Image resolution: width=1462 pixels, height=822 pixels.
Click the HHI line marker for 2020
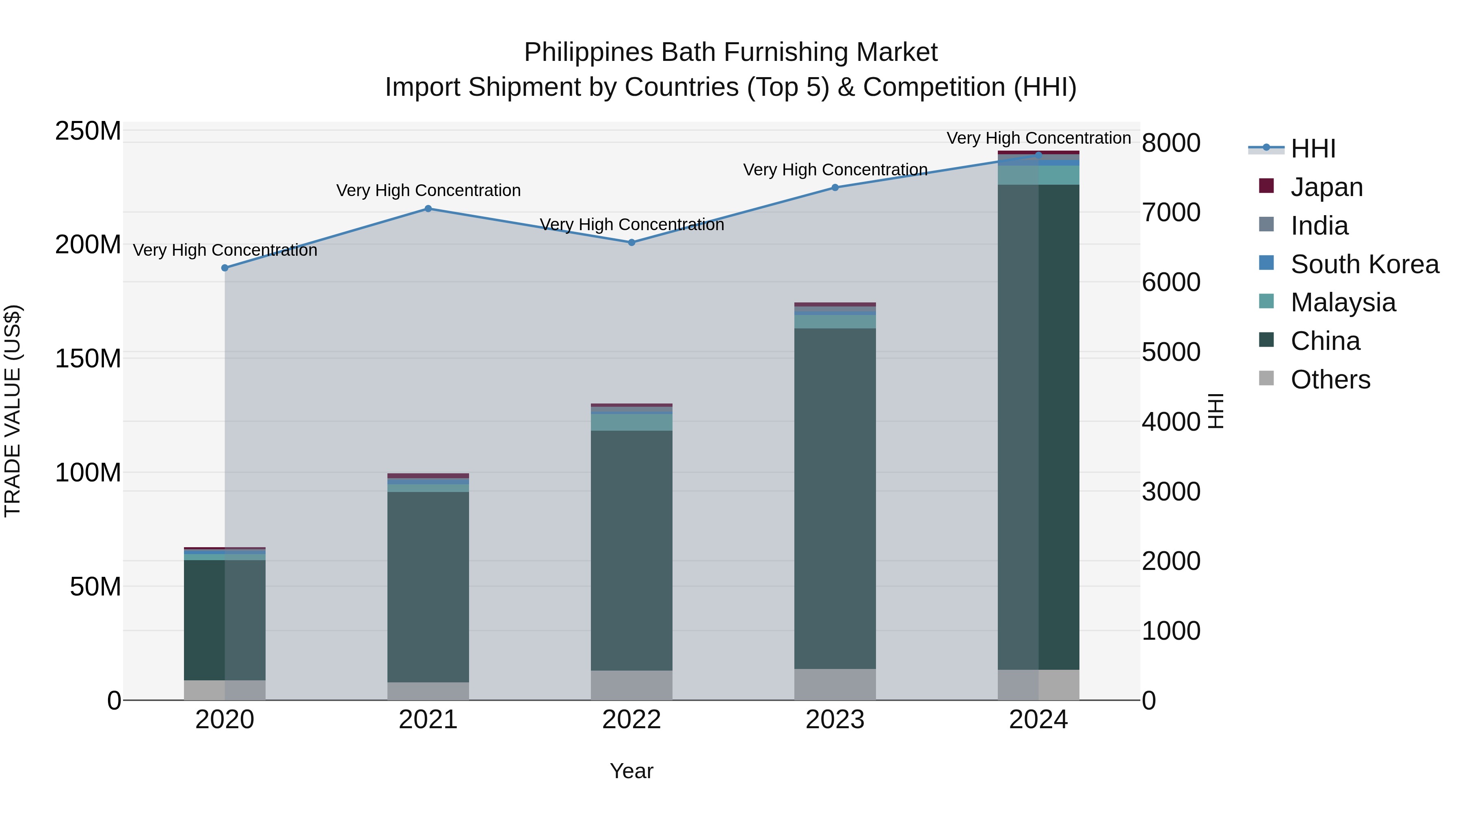tap(225, 268)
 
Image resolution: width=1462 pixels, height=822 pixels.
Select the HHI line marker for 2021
tap(428, 209)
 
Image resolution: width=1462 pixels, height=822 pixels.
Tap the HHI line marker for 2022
tap(631, 242)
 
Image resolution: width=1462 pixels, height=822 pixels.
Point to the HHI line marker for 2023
tap(835, 188)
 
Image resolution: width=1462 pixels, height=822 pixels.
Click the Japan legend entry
tap(1326, 187)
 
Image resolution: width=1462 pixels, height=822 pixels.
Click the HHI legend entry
tap(1312, 149)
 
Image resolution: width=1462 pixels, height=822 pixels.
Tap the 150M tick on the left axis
tap(88, 358)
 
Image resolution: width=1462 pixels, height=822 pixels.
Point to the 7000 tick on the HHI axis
tap(1171, 213)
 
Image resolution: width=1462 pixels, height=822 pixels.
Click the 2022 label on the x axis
tap(631, 720)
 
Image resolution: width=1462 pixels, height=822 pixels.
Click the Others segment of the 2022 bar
tap(631, 685)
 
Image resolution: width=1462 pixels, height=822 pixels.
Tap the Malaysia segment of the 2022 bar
tap(631, 422)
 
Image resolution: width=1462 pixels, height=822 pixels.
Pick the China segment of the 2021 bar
tap(428, 587)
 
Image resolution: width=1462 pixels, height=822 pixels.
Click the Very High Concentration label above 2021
tap(428, 191)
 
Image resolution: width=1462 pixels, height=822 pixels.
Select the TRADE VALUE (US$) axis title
tap(13, 411)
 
